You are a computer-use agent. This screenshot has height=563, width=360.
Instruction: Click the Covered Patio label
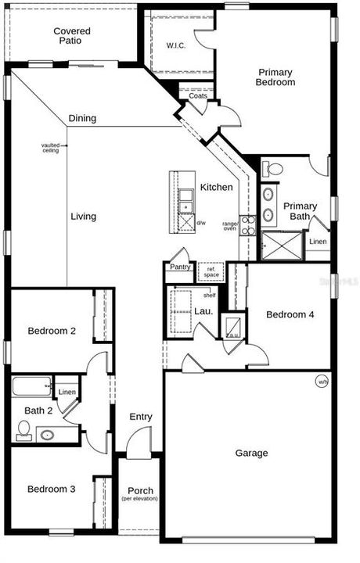coord(71,36)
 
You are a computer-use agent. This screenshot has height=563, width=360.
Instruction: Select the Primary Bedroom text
coord(275,77)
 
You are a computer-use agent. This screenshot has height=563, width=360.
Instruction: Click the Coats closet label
coord(198,96)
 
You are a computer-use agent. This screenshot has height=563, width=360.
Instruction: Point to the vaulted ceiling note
coord(50,147)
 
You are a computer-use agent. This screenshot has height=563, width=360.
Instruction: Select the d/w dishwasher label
coord(201,223)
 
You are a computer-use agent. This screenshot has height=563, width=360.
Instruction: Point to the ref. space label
coord(211,271)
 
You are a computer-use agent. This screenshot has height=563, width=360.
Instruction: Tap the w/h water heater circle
coord(322,382)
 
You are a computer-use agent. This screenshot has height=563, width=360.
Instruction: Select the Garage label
coord(251,453)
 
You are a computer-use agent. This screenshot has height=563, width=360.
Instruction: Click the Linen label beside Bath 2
coord(67,392)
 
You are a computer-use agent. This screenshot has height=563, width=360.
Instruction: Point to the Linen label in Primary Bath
coord(318,242)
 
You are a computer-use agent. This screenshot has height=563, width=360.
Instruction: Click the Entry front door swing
coord(138,447)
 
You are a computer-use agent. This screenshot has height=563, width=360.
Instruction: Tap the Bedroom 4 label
coord(290,314)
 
